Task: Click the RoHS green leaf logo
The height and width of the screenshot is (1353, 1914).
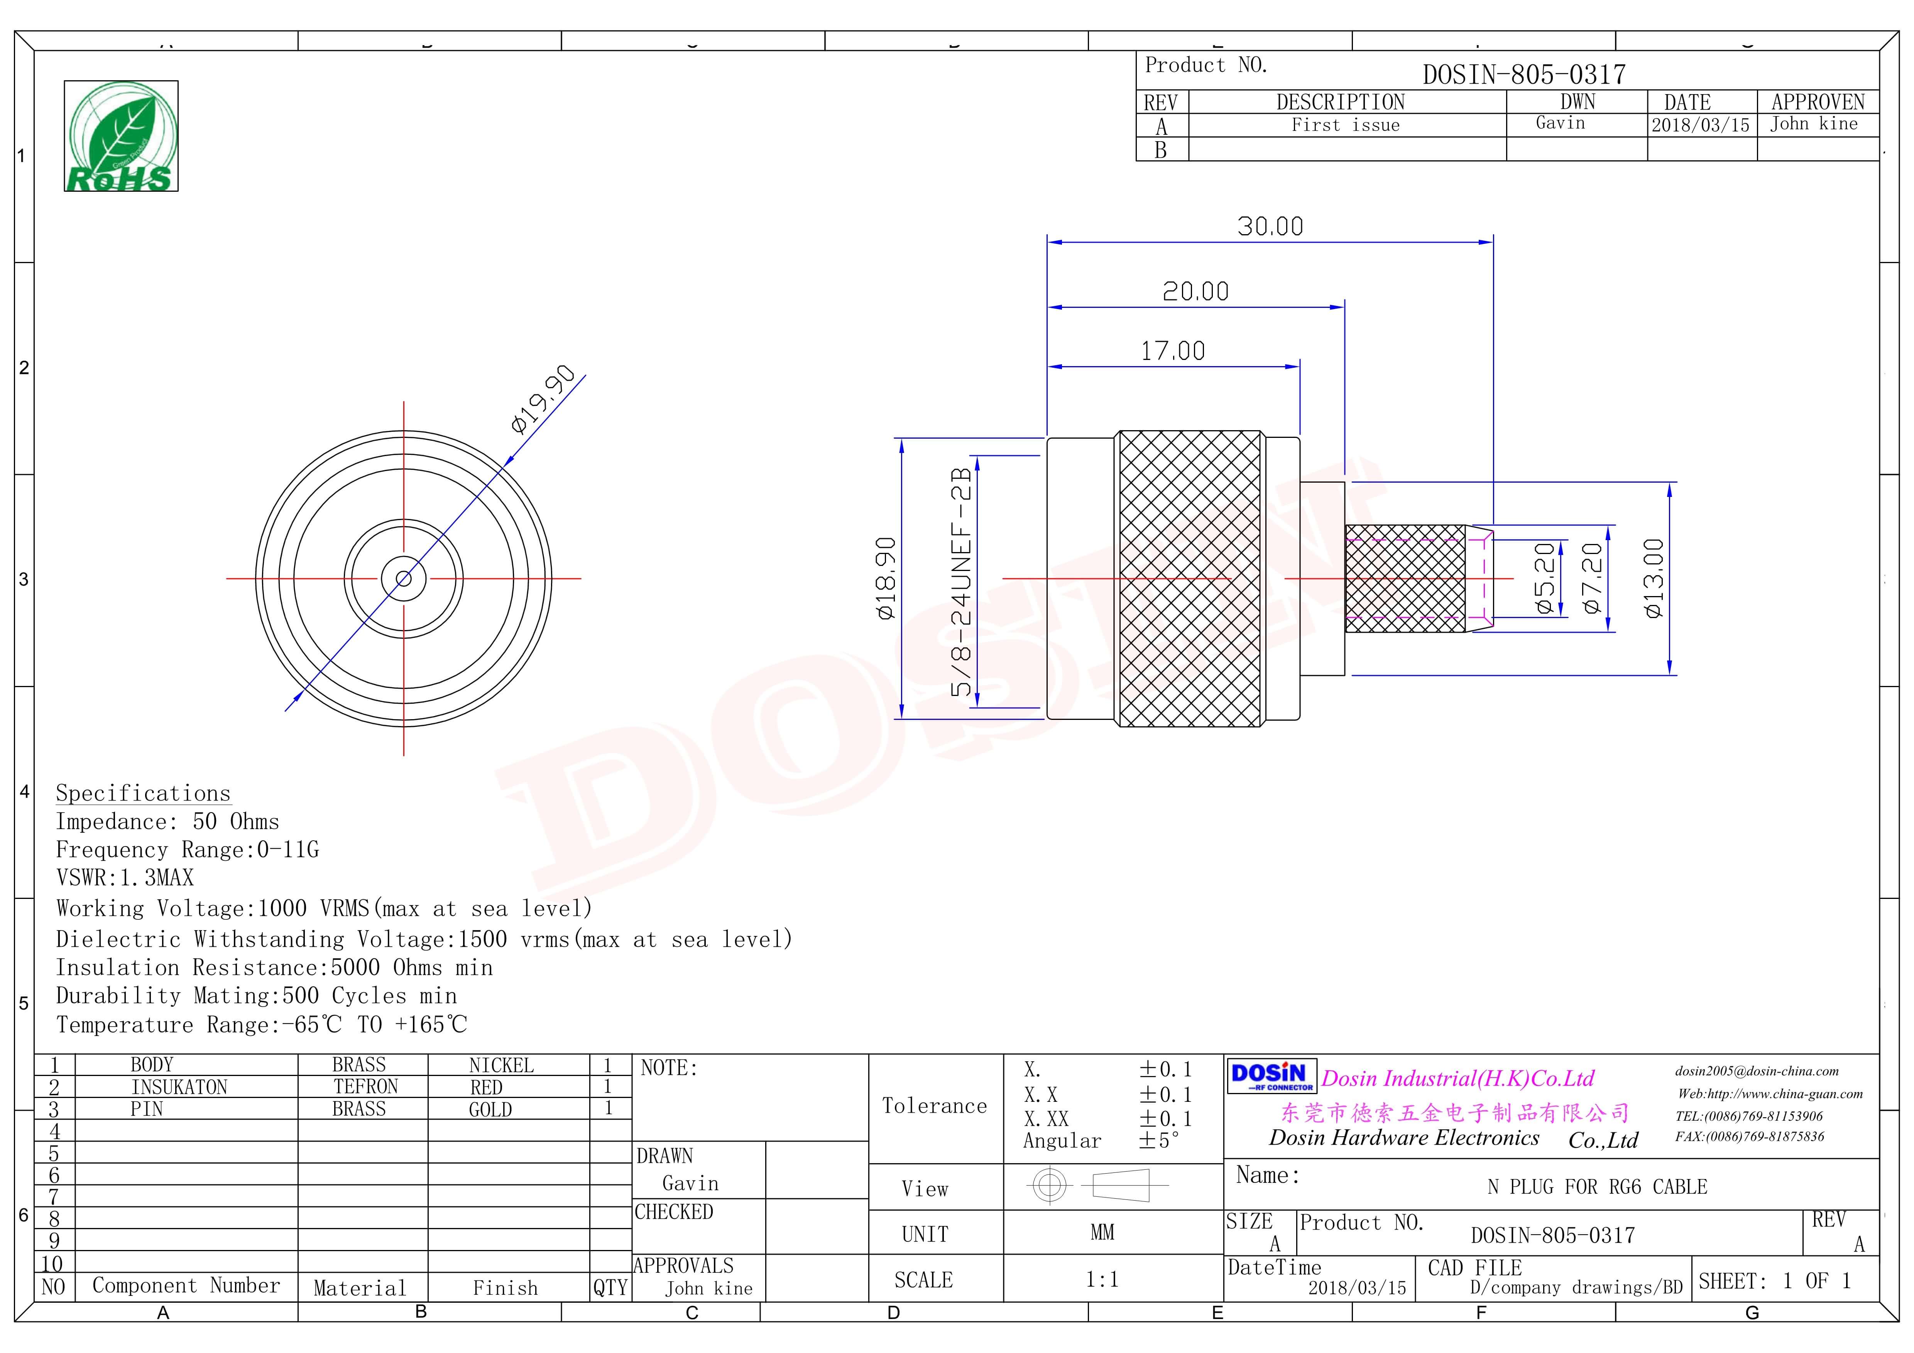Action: (121, 136)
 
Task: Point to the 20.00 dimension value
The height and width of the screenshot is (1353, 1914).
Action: (1195, 292)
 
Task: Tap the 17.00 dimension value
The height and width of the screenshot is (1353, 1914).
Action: (1172, 351)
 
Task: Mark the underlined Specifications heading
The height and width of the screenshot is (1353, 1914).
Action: (142, 794)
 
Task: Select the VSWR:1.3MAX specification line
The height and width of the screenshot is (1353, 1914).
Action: (125, 878)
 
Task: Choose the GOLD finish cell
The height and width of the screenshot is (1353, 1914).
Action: (490, 1110)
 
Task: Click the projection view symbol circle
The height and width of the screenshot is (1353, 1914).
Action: (1049, 1185)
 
